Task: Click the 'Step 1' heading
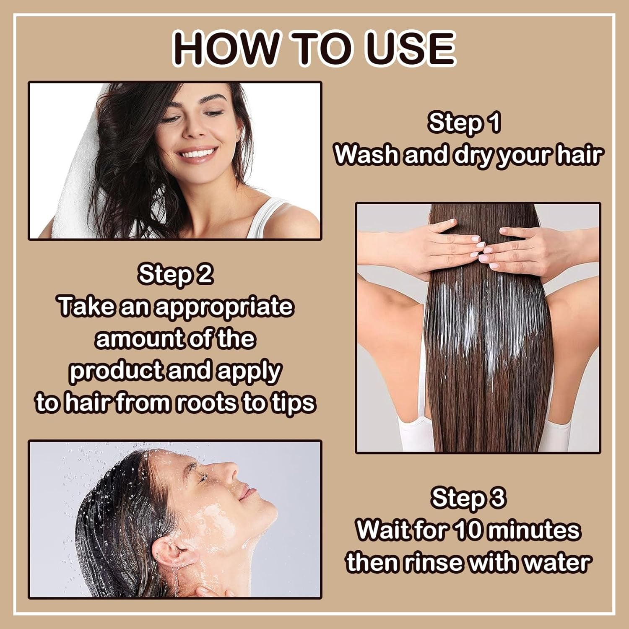[x=464, y=123]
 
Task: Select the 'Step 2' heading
[x=175, y=275]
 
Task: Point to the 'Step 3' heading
[x=468, y=498]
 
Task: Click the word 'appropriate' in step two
[x=223, y=307]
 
